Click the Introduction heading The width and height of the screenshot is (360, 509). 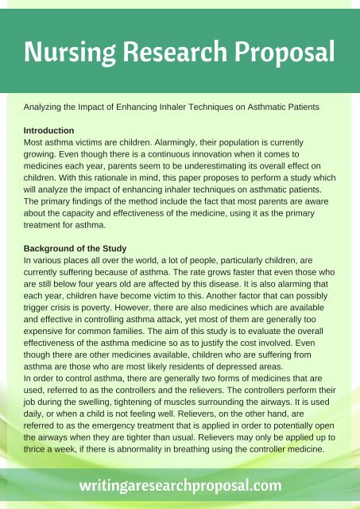49,130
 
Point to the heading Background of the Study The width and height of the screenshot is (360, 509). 77,248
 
